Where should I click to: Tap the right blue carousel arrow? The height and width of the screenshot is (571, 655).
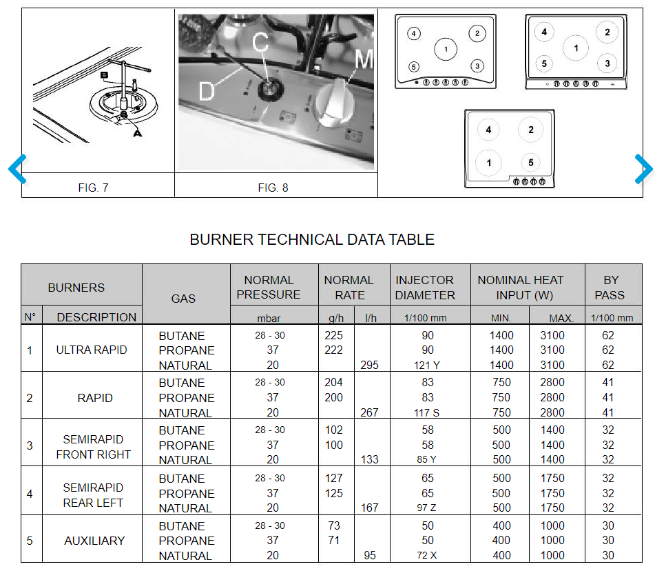click(x=643, y=168)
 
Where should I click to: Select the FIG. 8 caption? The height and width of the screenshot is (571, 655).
click(x=273, y=187)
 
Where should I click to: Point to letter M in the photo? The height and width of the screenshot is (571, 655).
click(x=363, y=60)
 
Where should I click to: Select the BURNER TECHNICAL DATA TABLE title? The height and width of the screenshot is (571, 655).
click(x=312, y=240)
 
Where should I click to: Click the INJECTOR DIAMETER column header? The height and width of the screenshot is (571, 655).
click(x=425, y=288)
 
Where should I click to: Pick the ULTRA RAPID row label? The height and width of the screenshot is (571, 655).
click(x=92, y=350)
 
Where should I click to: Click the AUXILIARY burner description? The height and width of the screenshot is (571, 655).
click(x=94, y=541)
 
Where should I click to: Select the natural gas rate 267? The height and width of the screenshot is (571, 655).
click(x=369, y=412)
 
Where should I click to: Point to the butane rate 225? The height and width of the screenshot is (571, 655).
click(x=334, y=336)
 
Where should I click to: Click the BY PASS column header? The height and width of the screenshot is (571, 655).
click(x=611, y=288)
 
